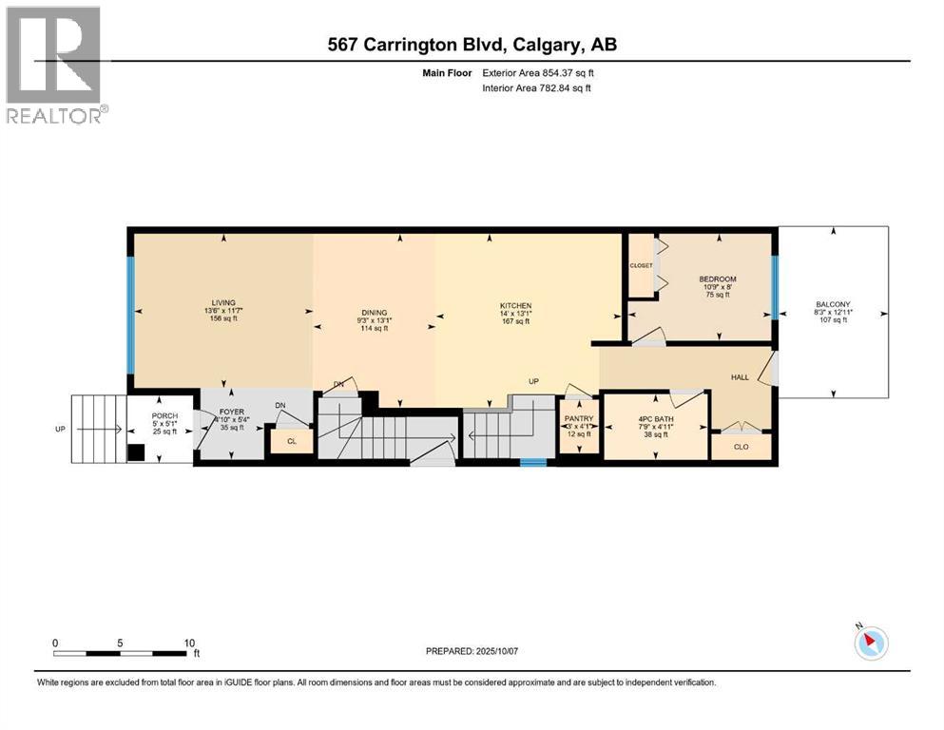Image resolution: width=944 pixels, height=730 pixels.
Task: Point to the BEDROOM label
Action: [717, 279]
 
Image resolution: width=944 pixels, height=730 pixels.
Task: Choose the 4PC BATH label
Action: [654, 421]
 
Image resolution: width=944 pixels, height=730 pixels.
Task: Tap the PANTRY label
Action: [578, 417]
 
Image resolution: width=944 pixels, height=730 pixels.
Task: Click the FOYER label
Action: [233, 413]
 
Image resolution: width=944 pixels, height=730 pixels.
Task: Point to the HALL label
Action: [739, 377]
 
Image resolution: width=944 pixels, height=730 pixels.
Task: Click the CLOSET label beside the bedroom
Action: [641, 265]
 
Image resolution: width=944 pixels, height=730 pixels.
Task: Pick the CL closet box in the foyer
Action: [292, 441]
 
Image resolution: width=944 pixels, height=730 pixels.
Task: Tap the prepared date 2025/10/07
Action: [472, 651]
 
